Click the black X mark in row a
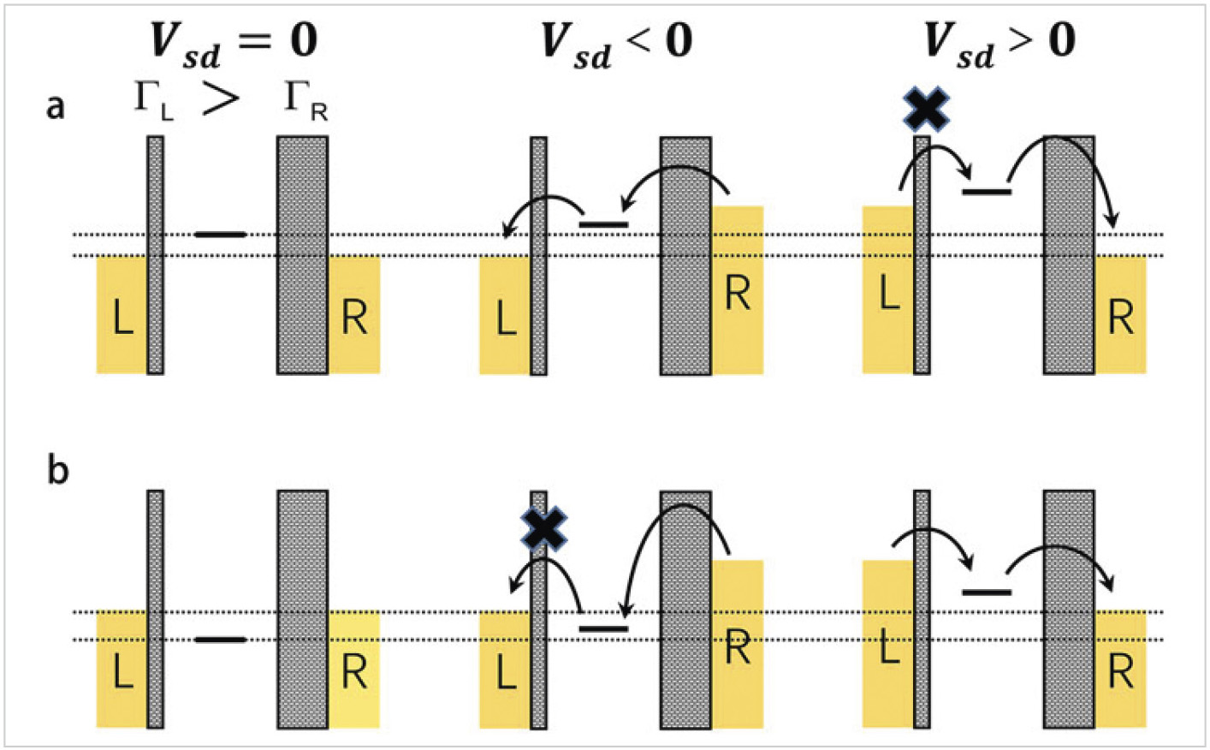point(926,109)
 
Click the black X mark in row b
point(544,527)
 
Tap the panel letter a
point(55,107)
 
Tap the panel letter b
point(58,470)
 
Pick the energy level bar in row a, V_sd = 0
point(221,235)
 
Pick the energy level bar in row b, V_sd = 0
point(221,640)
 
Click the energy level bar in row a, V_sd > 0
point(987,191)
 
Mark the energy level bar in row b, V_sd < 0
point(603,629)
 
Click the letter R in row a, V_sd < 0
point(738,294)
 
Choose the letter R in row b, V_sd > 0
point(1121,671)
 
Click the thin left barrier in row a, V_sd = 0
point(155,255)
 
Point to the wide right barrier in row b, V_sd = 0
point(303,610)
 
